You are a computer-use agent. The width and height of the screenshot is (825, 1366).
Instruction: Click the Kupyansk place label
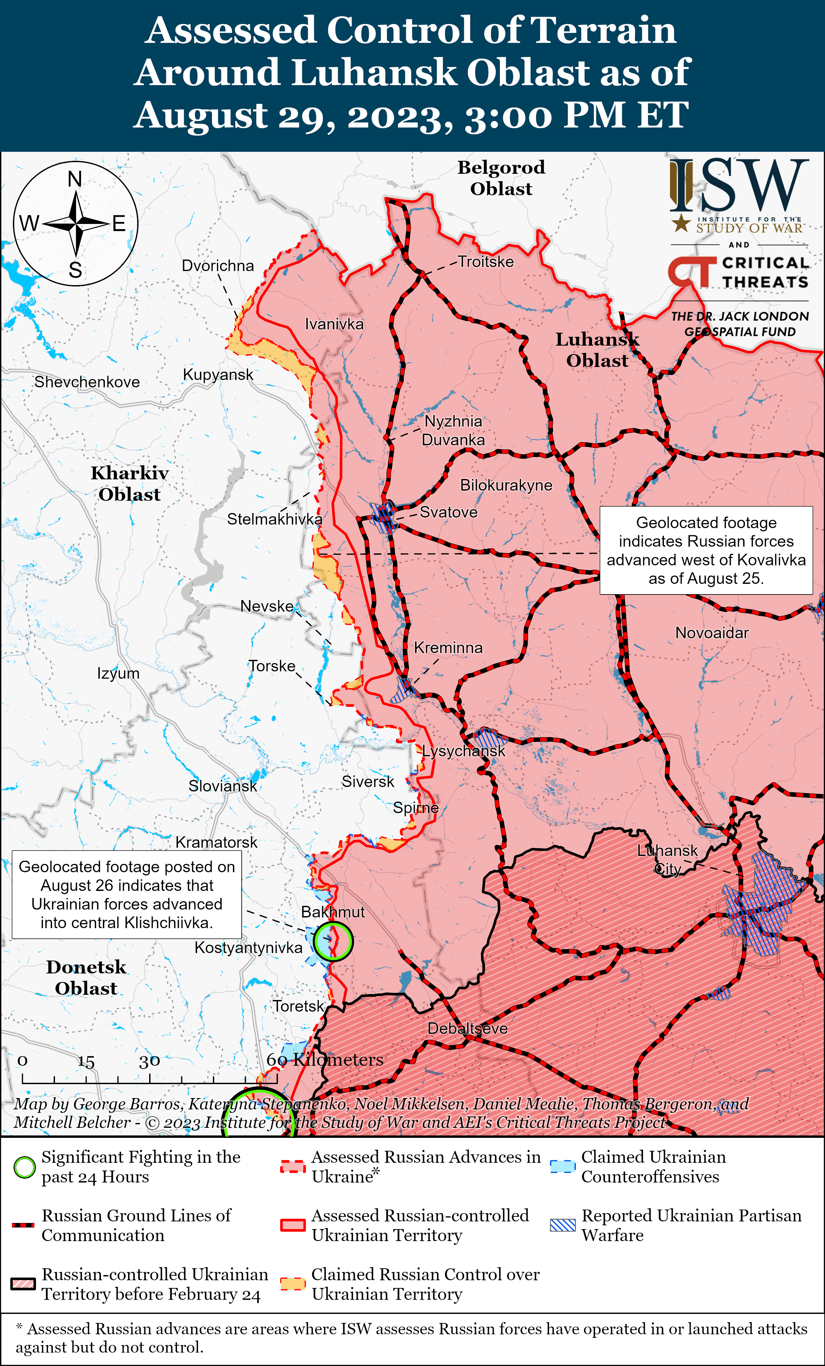pos(218,375)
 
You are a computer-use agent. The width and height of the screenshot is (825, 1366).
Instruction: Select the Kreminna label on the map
pos(448,648)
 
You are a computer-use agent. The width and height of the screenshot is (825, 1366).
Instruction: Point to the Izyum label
pos(118,673)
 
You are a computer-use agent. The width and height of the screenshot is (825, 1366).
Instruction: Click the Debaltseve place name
pos(467,1028)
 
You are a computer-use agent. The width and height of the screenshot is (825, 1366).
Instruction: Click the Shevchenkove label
pos(87,382)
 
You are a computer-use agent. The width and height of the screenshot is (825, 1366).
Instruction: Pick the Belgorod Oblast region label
pos(501,178)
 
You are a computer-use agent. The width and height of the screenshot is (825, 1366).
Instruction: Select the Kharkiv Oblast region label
pos(130,483)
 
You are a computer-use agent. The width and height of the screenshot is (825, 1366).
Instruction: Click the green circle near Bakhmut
pos(333,941)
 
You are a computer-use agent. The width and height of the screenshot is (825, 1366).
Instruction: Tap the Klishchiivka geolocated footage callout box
pos(127,895)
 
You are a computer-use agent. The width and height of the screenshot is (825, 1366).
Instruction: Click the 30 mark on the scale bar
pos(149,1061)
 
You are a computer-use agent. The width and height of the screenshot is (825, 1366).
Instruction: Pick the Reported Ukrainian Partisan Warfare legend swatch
pos(563,1225)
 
